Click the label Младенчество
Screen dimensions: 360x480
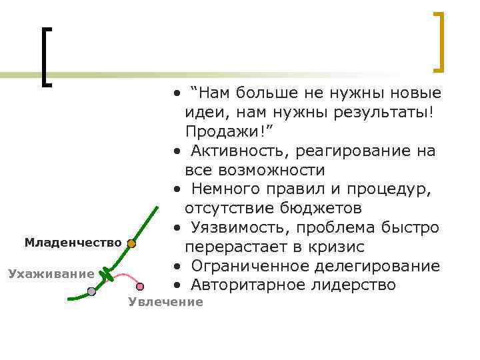click(x=73, y=243)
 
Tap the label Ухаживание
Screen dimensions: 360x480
click(x=51, y=273)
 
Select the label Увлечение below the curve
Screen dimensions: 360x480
click(x=165, y=302)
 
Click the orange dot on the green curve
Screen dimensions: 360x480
click(x=131, y=245)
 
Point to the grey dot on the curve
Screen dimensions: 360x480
click(x=91, y=291)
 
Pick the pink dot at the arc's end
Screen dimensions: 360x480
click(x=140, y=287)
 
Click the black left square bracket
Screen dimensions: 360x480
click(x=45, y=57)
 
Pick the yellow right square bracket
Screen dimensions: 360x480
click(x=438, y=41)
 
